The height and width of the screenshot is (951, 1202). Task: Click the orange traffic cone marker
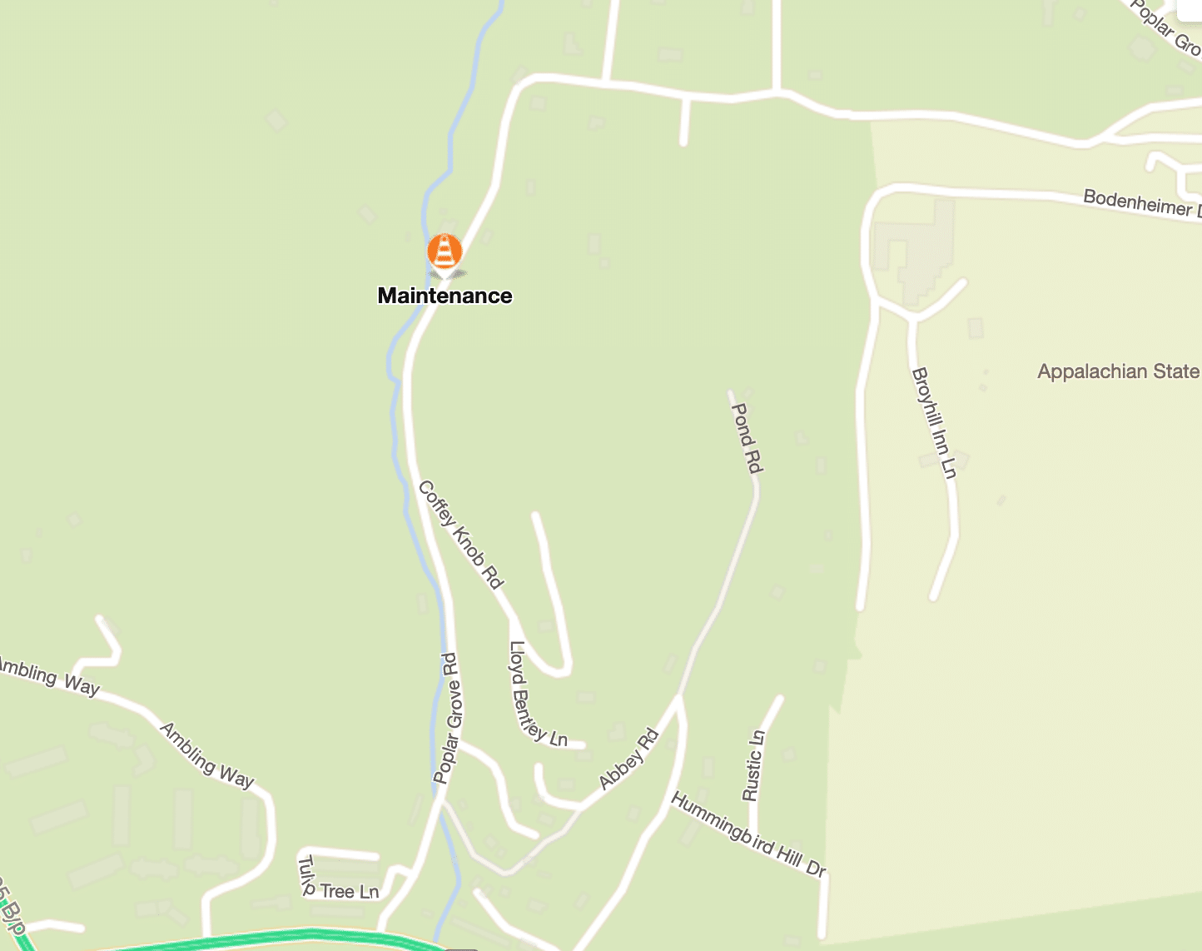click(x=445, y=251)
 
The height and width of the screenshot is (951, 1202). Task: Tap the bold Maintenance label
click(x=445, y=296)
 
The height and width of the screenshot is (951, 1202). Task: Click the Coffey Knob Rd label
click(x=460, y=535)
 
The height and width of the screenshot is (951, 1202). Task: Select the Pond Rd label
click(x=747, y=438)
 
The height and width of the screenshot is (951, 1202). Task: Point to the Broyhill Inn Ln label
click(x=934, y=423)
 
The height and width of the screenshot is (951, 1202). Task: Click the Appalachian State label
click(x=1118, y=371)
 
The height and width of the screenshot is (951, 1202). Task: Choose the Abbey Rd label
click(x=629, y=759)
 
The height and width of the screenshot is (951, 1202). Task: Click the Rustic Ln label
click(x=753, y=765)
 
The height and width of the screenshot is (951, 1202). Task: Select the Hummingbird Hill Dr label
click(x=748, y=834)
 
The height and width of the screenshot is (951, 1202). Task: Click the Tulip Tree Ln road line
click(x=341, y=854)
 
